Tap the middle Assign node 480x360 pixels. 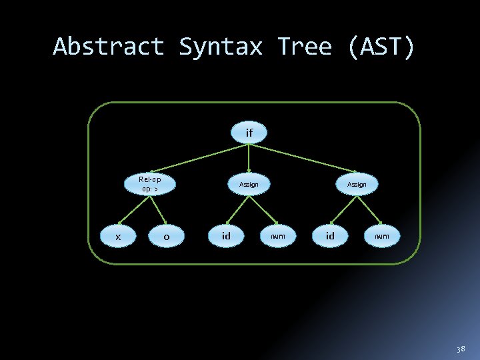click(249, 184)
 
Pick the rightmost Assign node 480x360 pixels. click(357, 184)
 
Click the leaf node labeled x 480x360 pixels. click(118, 236)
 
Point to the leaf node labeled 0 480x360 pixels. click(166, 236)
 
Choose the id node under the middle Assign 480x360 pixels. click(226, 235)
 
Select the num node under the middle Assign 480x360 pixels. click(277, 235)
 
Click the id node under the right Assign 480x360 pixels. click(330, 235)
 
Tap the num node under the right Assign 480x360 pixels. click(382, 235)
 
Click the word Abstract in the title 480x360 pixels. click(109, 47)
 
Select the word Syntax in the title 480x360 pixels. click(221, 47)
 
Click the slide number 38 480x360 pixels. click(461, 349)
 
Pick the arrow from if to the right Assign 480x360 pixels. click(303, 157)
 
